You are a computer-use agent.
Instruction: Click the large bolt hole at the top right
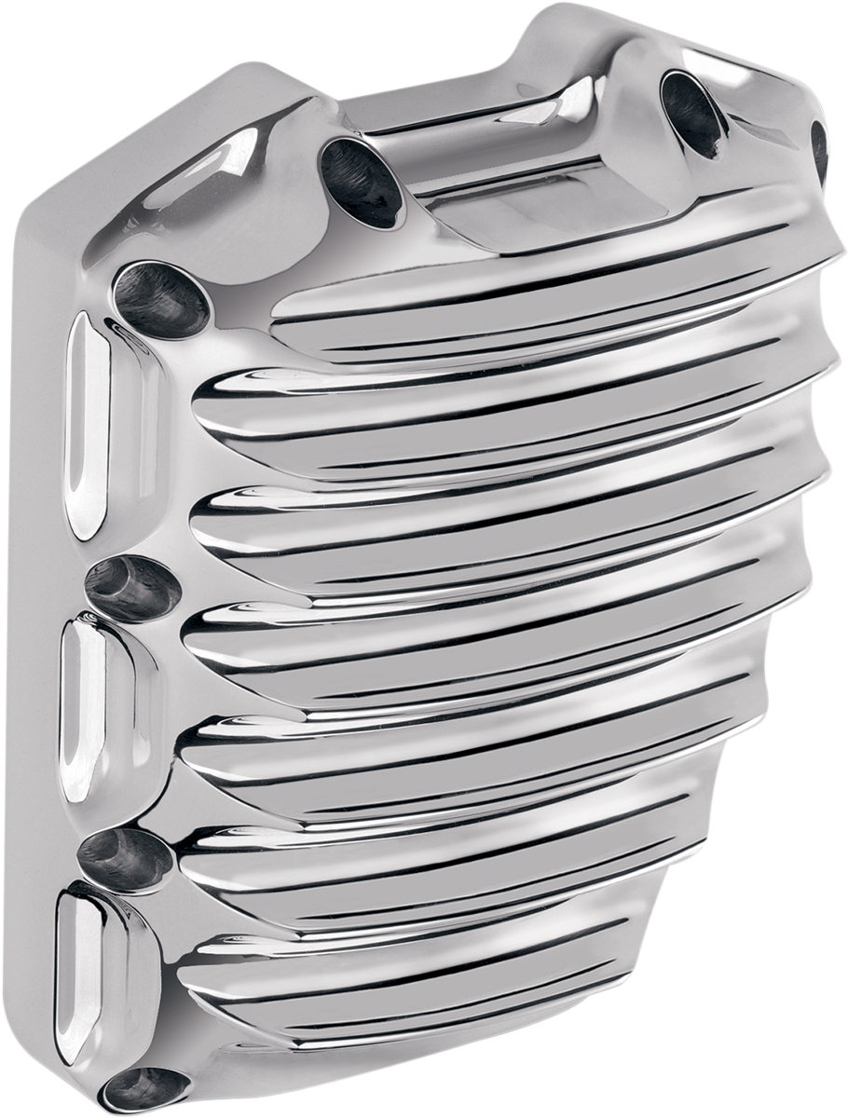[693, 111]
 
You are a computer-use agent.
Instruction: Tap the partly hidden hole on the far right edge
[818, 149]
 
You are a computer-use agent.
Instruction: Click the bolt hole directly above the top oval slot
[161, 297]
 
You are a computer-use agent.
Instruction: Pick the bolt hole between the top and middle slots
[131, 589]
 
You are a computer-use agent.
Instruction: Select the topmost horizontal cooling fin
[522, 298]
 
